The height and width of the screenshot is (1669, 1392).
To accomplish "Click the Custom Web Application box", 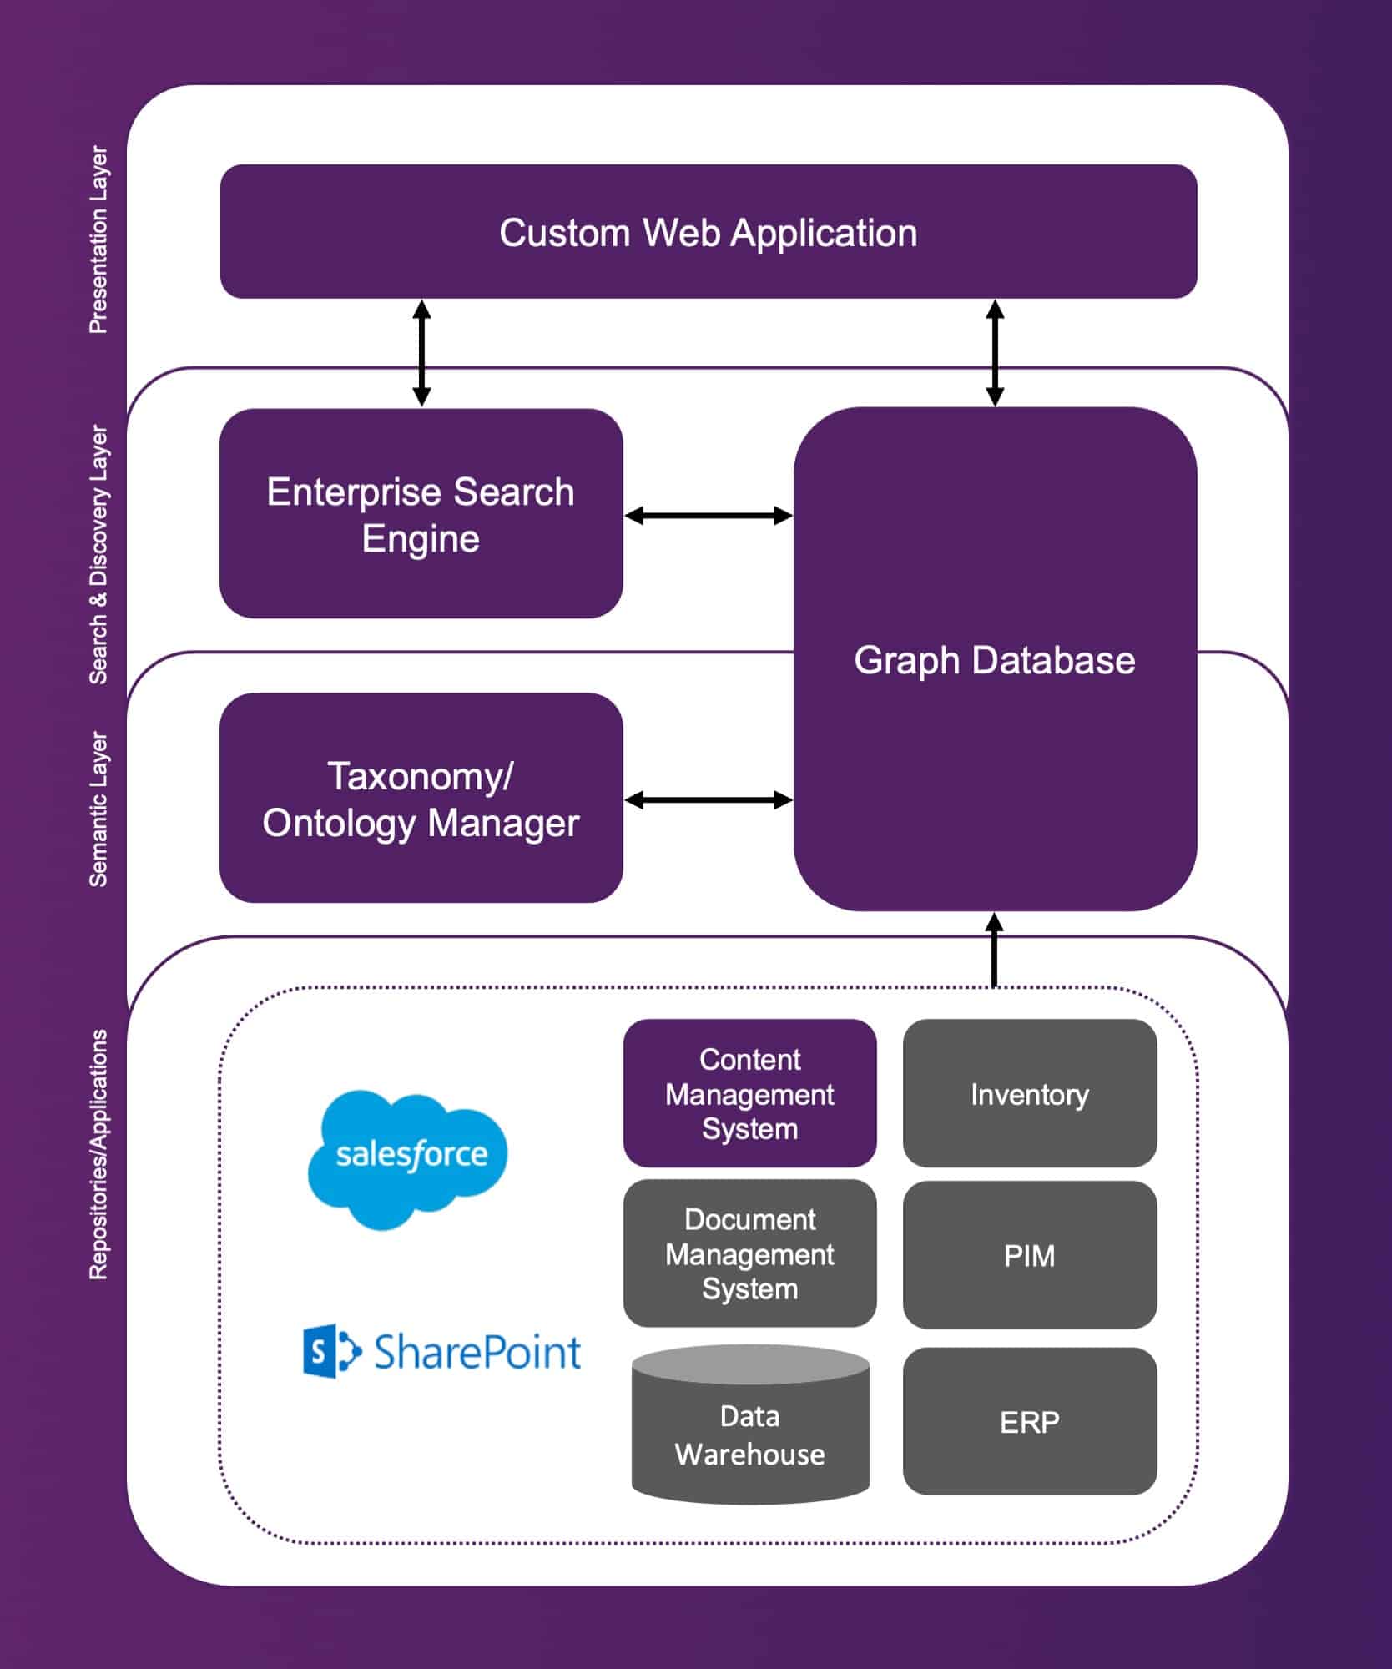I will point(708,232).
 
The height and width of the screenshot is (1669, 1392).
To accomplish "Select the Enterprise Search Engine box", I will point(421,514).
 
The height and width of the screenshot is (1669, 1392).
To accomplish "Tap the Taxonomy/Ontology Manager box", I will point(421,799).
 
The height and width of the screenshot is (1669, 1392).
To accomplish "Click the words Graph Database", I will point(994,660).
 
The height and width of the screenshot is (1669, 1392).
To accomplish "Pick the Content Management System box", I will point(749,1093).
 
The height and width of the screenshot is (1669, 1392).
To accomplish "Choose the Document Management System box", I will point(749,1253).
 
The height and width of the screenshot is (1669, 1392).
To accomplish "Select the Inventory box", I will point(1029,1093).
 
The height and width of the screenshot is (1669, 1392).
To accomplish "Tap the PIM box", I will point(1029,1255).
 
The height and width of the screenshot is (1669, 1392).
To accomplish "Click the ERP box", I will point(1029,1421).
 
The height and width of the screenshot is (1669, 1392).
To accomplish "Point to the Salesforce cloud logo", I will point(408,1157).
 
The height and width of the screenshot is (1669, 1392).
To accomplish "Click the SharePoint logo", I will point(441,1351).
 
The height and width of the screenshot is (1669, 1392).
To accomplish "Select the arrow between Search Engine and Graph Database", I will point(708,516).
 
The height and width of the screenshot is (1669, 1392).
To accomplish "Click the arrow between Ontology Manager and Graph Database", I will point(708,800).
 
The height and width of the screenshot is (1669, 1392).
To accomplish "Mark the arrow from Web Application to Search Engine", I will point(421,353).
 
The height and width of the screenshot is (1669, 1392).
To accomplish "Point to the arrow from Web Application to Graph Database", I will point(994,353).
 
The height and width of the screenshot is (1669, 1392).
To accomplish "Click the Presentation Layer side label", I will point(98,240).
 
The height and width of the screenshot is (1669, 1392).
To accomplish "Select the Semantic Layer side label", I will point(98,809).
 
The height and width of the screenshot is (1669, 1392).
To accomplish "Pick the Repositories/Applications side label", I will point(98,1155).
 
